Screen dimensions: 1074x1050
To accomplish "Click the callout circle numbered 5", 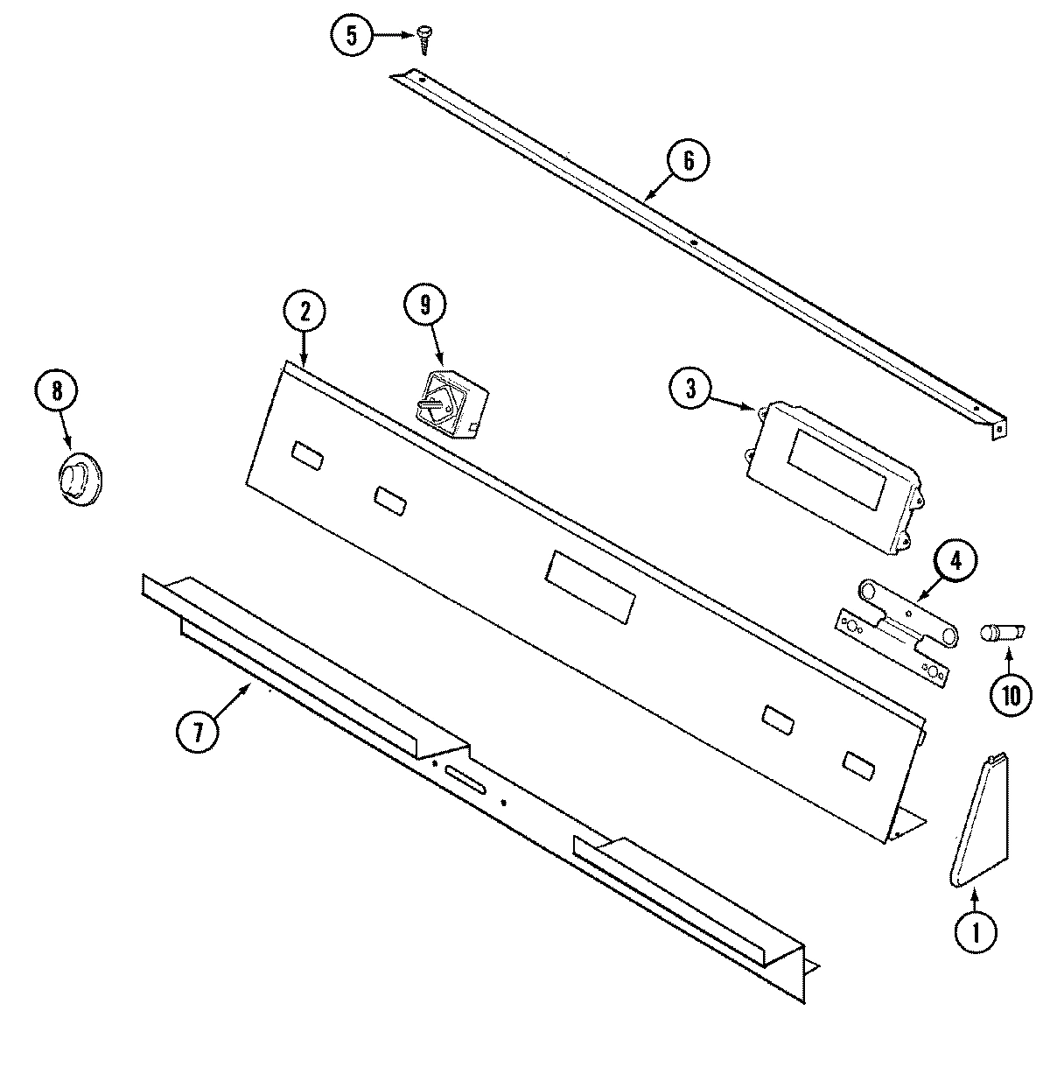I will tap(352, 35).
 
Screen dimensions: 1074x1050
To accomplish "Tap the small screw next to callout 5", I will tap(425, 33).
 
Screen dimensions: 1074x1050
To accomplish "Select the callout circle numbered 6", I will tap(688, 161).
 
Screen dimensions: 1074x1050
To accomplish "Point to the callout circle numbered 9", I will tap(425, 305).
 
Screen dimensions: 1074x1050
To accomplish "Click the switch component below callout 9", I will tap(448, 406).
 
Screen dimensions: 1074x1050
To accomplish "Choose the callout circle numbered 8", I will tap(57, 390).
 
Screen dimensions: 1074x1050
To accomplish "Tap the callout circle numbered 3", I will tap(691, 390).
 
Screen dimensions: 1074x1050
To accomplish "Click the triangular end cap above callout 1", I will tap(980, 823).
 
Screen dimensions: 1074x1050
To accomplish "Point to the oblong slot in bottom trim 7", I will tap(465, 779).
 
